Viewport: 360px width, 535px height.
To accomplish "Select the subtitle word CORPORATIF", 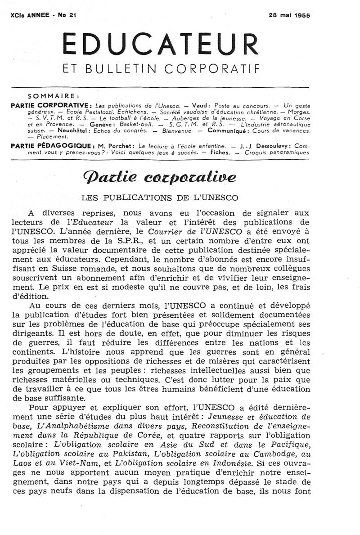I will coord(212,70).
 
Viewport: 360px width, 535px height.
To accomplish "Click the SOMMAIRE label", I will coord(54,96).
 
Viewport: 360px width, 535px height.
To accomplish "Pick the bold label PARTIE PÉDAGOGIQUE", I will coord(52,147).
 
